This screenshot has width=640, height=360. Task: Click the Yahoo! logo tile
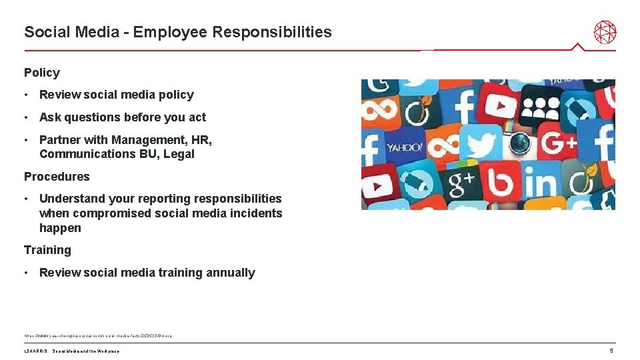tap(404, 147)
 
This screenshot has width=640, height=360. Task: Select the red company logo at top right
tap(605, 32)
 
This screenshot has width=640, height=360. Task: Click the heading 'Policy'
tap(42, 73)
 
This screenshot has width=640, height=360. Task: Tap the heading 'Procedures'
tap(57, 177)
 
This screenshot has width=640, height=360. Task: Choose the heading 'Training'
tap(47, 250)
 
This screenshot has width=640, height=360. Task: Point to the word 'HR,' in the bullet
tap(201, 140)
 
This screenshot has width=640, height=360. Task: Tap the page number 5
tap(611, 351)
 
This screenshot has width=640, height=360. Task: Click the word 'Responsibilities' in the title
tap(278, 32)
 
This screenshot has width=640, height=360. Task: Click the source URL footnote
tap(98, 335)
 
